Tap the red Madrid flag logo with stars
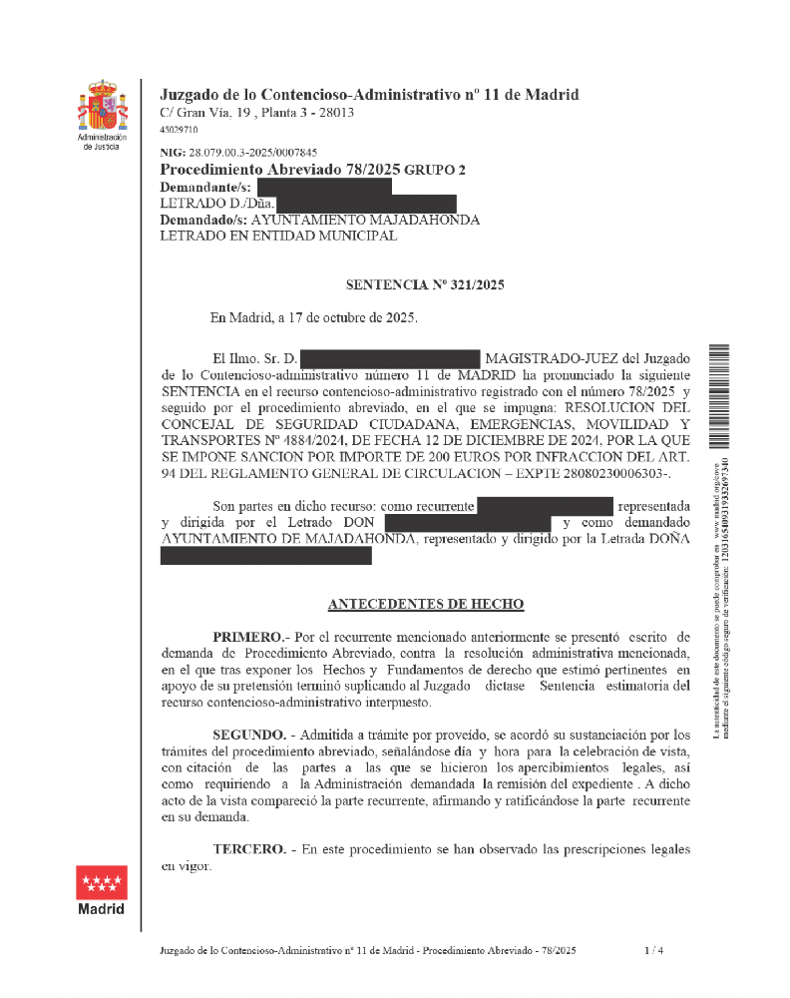(101, 882)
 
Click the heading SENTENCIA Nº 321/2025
(425, 285)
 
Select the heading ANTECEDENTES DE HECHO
(425, 605)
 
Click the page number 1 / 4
(653, 951)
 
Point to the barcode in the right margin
(721, 400)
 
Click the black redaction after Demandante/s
(324, 187)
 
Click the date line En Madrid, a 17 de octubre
(313, 318)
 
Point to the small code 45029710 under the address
(179, 130)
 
